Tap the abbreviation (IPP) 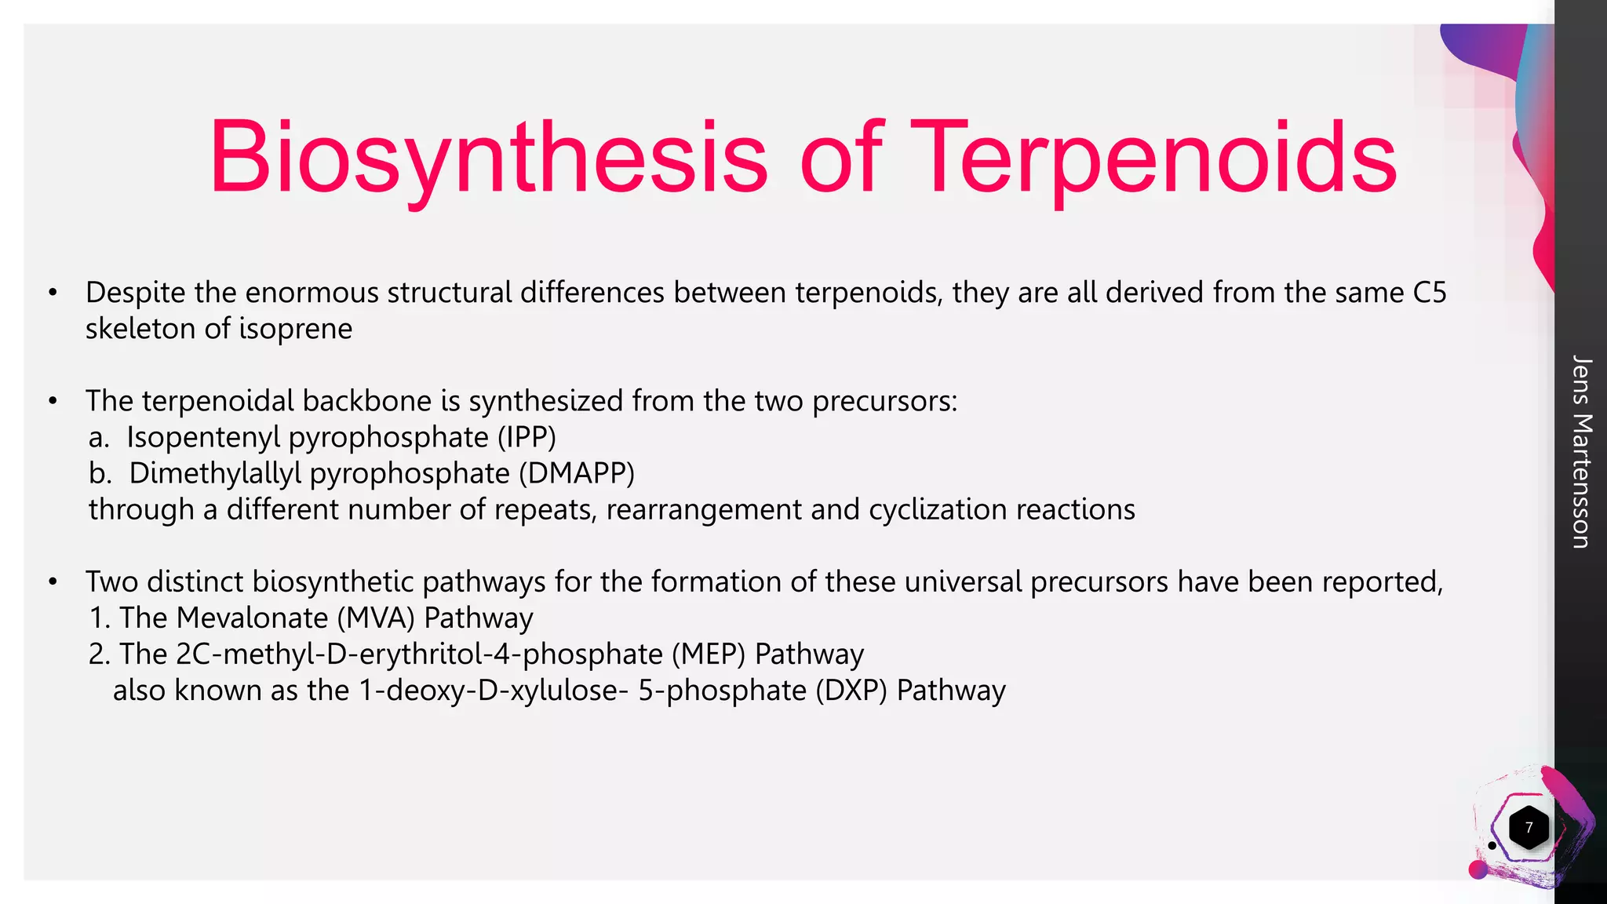click(x=527, y=437)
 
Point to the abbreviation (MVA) click(x=376, y=618)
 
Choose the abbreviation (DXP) click(x=851, y=691)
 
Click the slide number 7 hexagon click(x=1528, y=828)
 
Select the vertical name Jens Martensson click(x=1581, y=451)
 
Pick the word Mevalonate click(x=252, y=618)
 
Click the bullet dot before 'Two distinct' click(x=53, y=582)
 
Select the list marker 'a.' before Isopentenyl click(x=99, y=437)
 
